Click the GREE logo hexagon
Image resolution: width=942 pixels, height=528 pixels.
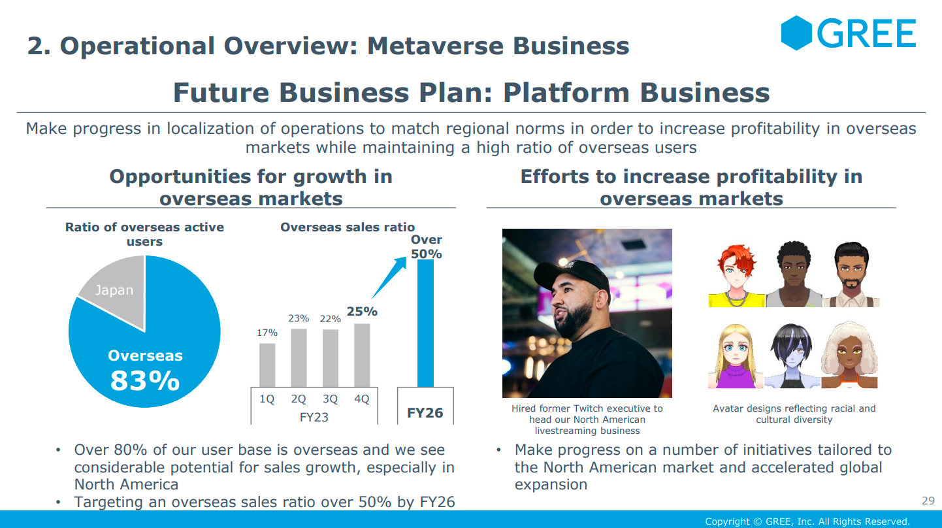point(796,33)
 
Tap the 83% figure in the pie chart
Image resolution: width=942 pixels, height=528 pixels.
point(145,381)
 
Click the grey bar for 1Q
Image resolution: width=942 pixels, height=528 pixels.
point(267,365)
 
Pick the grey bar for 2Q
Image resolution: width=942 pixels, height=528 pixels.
point(299,357)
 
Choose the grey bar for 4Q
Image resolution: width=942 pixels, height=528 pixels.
point(362,355)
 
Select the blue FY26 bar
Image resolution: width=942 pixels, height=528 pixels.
point(425,323)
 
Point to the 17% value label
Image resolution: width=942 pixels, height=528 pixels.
point(267,333)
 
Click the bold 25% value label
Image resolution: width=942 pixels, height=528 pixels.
point(362,312)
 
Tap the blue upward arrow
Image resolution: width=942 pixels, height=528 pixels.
point(389,278)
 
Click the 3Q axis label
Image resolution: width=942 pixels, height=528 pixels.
point(330,399)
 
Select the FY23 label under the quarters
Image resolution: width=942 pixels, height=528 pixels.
point(314,418)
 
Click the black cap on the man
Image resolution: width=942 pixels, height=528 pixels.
point(572,276)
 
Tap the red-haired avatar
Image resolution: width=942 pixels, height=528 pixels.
point(736,276)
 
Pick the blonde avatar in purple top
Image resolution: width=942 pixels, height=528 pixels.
point(736,356)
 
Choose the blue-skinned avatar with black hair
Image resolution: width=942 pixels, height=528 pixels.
point(792,356)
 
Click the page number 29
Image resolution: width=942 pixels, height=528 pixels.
point(928,501)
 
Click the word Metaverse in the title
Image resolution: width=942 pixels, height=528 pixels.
point(435,46)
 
